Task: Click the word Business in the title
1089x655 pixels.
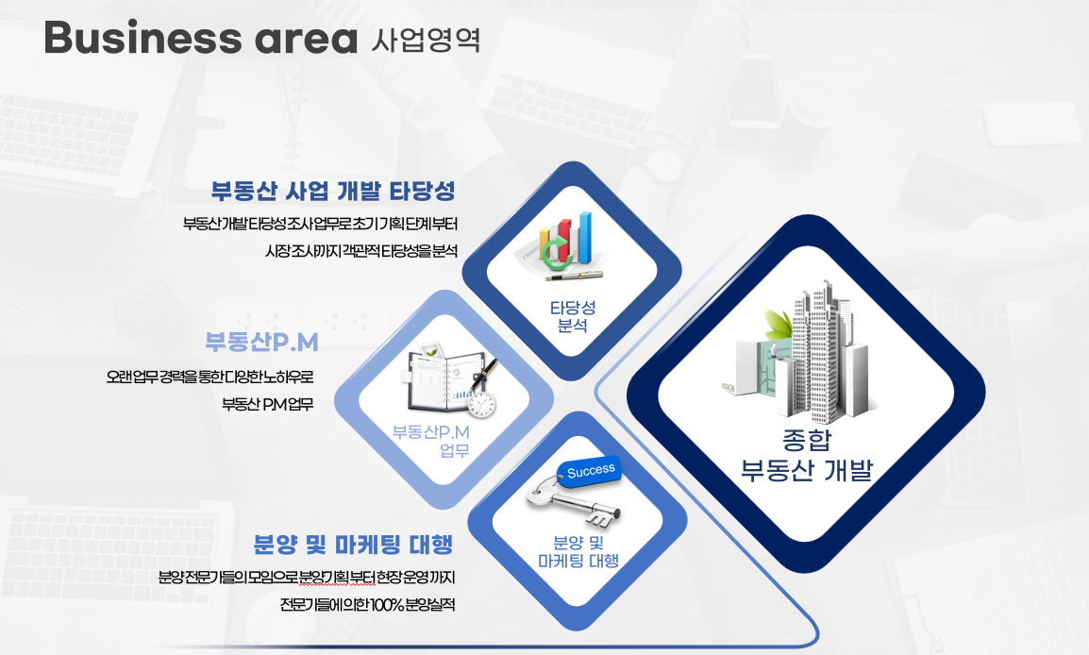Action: [143, 38]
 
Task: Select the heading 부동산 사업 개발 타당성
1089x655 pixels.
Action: [333, 191]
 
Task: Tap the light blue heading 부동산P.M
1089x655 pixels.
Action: [261, 342]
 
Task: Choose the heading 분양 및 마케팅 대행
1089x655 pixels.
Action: [354, 545]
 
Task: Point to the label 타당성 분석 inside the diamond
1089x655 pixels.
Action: [573, 316]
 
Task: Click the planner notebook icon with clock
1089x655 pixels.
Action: [451, 380]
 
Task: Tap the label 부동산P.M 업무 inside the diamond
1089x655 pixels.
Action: [431, 441]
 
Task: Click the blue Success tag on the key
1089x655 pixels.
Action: [591, 472]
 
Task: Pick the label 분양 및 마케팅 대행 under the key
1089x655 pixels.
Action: [578, 552]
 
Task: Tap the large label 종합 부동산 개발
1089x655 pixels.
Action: [806, 455]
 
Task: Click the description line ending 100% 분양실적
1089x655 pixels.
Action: [367, 604]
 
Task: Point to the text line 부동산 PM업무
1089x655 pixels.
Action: [267, 404]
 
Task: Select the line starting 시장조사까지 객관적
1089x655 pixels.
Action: [361, 251]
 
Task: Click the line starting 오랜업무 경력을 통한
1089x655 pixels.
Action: [209, 378]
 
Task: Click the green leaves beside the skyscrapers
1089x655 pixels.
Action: [778, 325]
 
